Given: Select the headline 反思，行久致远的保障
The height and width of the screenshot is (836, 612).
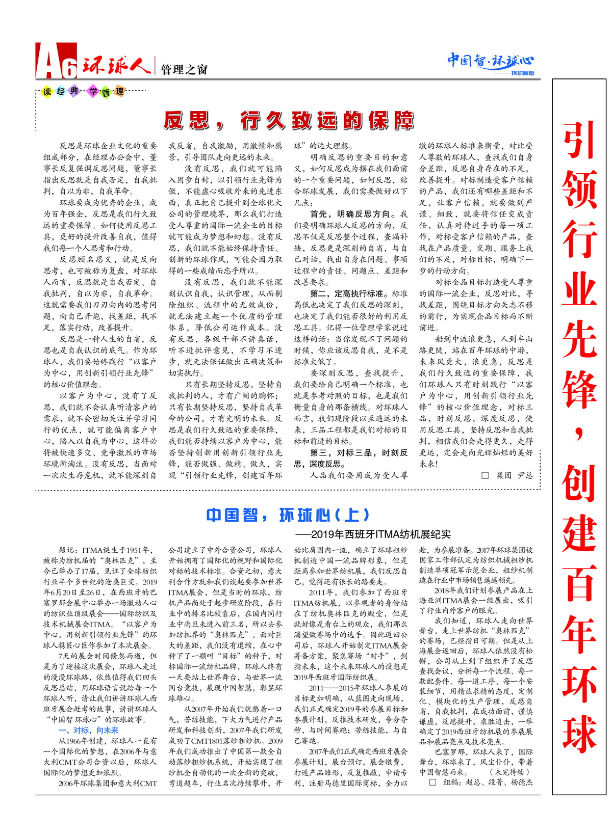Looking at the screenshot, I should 289,121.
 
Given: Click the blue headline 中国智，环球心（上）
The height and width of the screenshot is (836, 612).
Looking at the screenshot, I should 288,515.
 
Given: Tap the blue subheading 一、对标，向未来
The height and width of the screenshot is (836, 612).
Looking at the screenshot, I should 89,730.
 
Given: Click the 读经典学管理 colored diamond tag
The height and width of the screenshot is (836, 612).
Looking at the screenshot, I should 84,92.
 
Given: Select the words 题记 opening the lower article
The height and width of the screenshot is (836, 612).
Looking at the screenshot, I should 69,550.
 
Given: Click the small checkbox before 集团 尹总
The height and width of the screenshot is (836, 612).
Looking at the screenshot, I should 485,475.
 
